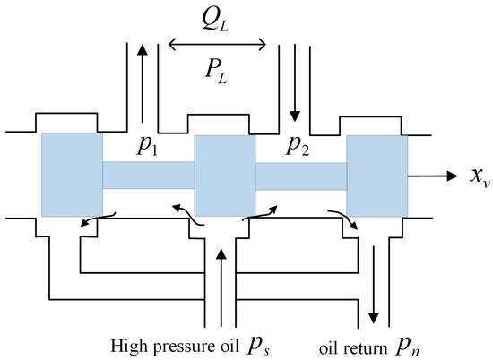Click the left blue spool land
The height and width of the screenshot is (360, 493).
coord(72,176)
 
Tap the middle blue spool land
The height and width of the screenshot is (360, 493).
coord(225,176)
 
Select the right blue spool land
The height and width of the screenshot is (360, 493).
coord(376,176)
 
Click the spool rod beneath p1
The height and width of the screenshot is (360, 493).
coord(148,176)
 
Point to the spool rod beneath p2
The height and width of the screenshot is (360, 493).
coord(301,176)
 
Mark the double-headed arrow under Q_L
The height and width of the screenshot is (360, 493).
coord(218,41)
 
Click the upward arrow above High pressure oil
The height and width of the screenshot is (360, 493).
coord(223,287)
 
